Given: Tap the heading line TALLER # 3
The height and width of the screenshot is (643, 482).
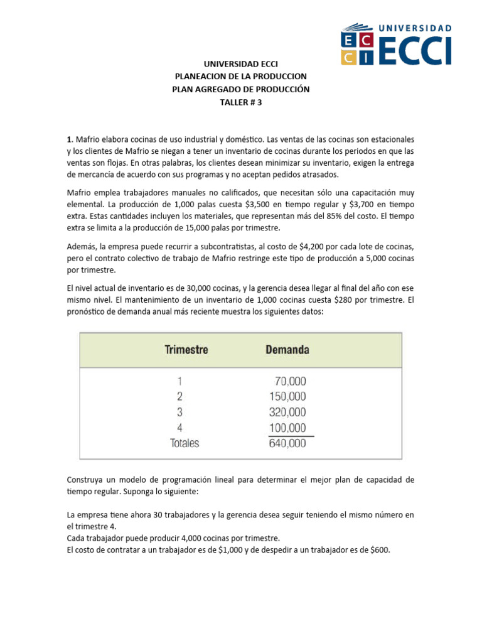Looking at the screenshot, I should pos(241,102).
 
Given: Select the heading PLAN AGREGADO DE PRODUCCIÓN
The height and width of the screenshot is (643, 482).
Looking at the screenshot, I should pos(241,89).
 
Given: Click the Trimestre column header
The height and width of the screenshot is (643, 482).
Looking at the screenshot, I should pos(186,350).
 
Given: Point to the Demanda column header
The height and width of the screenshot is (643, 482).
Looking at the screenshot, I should pos(287,350).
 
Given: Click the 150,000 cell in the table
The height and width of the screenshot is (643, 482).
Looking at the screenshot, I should pos(286,396).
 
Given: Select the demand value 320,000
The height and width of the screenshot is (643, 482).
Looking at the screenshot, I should pos(286,412).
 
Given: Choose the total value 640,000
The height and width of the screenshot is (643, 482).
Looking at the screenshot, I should pos(286,443).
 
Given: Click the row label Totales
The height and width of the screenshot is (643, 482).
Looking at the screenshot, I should pos(185,443).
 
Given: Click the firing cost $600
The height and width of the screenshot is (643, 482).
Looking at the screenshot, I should pos(378,550).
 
